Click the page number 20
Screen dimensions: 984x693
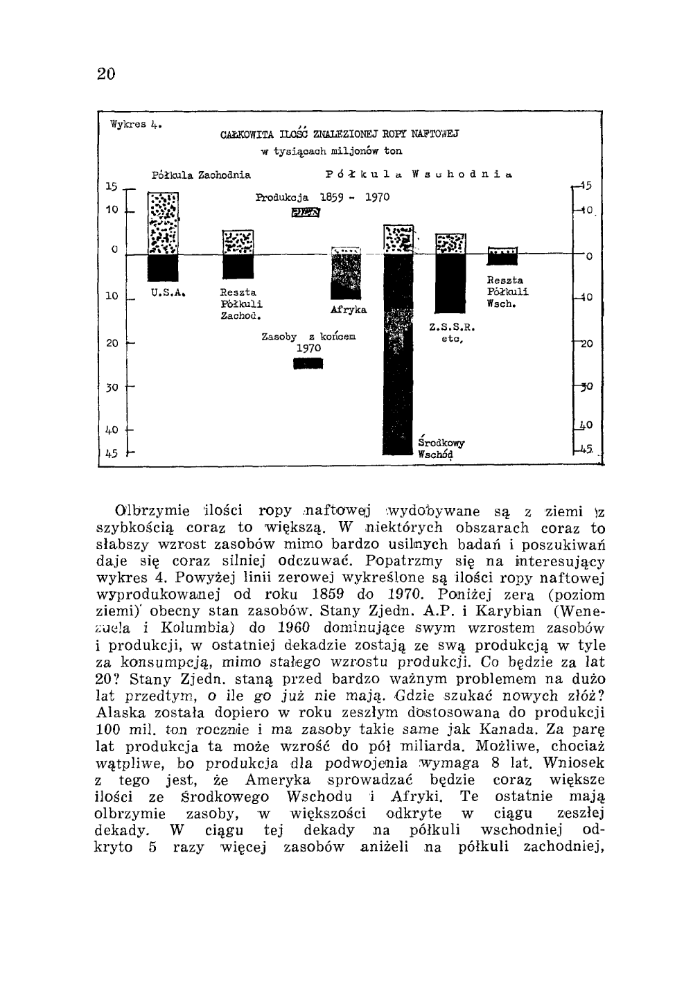pyautogui.click(x=106, y=73)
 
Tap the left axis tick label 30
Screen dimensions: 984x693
pyautogui.click(x=112, y=387)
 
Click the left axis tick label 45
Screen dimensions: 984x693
pyautogui.click(x=112, y=453)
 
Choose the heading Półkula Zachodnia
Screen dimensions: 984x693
pyautogui.click(x=201, y=175)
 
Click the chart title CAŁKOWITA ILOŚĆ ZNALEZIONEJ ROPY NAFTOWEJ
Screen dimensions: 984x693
pyautogui.click(x=340, y=133)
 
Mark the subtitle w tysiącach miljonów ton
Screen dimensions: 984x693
pyautogui.click(x=331, y=150)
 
